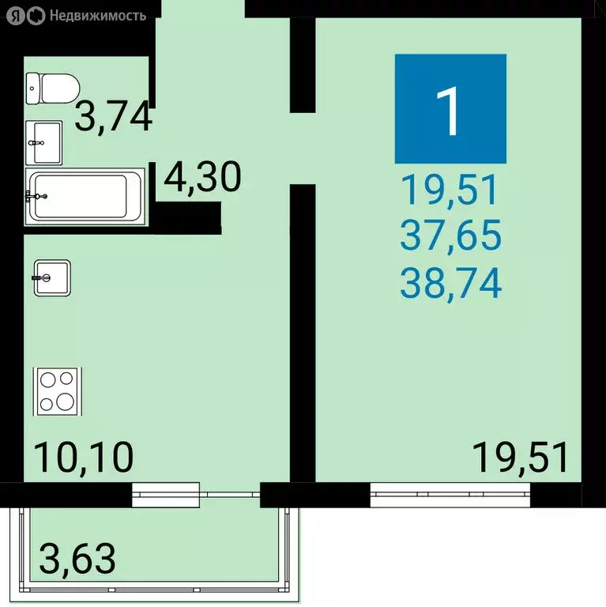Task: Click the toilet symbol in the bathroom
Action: pos(52,87)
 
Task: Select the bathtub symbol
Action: pos(84,194)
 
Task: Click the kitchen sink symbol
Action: pos(53,277)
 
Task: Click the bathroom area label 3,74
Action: pos(113,118)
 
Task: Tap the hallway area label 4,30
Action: pos(201,179)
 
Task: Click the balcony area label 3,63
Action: pos(77,559)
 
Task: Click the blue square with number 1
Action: pos(450,108)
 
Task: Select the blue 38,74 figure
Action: pos(450,284)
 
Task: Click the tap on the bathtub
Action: pos(36,194)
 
